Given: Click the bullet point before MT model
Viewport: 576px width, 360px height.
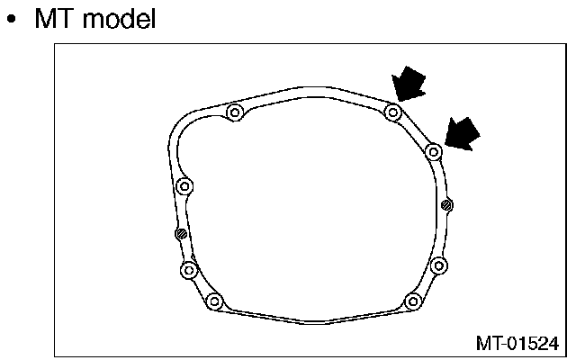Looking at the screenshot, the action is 13,19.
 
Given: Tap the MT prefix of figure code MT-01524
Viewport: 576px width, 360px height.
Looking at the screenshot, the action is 487,343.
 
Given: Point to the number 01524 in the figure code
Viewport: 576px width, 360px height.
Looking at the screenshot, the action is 531,343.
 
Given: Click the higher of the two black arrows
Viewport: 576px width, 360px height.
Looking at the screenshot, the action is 410,85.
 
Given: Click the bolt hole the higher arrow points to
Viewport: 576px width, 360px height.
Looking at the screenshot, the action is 392,112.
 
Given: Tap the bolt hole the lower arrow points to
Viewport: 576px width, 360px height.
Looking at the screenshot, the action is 433,151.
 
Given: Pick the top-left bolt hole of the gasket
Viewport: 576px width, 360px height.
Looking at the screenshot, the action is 235,112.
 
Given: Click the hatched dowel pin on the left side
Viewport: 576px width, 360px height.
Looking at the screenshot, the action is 180,234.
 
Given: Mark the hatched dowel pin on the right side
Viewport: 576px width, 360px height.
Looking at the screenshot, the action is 447,205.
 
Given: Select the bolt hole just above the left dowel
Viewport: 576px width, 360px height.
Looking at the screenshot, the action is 184,187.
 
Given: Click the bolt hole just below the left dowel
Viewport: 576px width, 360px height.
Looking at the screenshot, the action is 189,269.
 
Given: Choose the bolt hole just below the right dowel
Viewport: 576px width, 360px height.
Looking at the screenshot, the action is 438,265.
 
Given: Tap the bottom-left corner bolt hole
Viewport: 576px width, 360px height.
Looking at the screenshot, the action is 214,301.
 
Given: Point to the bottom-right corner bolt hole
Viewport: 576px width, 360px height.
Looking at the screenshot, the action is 413,301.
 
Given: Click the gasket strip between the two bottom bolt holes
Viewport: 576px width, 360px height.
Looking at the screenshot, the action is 315,319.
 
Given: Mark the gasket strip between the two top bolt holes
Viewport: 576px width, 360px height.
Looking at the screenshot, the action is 310,92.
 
